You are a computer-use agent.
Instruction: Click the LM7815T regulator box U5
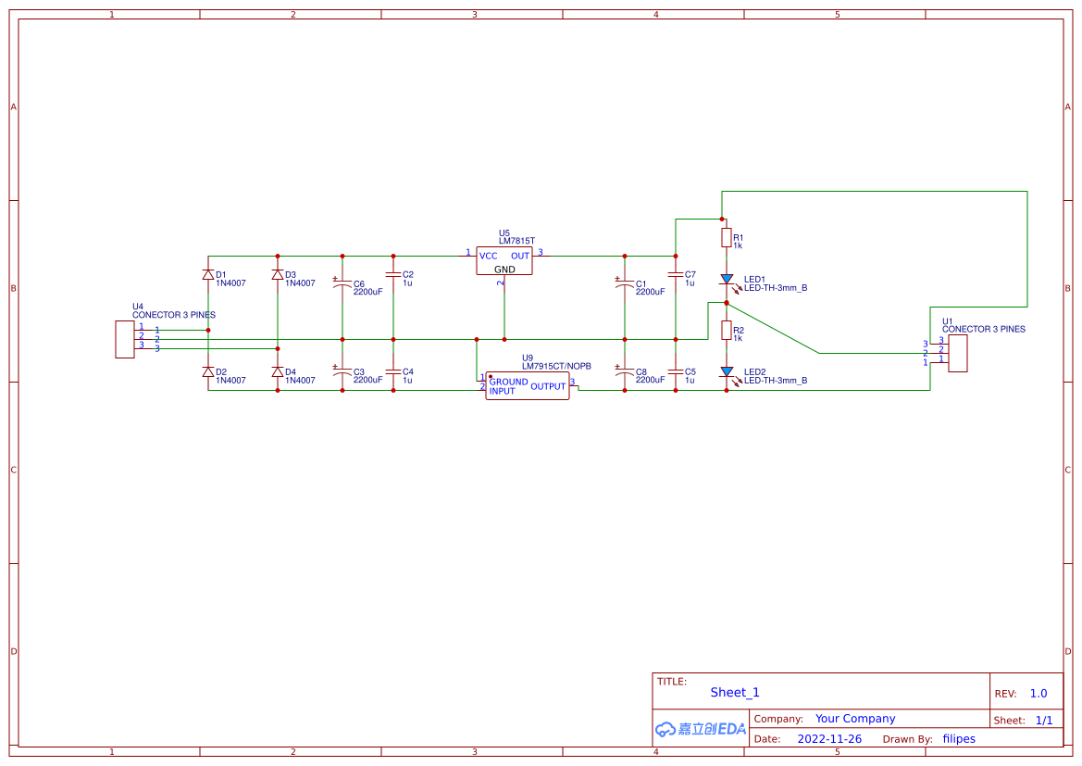click(504, 261)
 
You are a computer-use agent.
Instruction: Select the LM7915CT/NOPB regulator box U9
click(527, 386)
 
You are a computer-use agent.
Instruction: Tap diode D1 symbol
click(207, 275)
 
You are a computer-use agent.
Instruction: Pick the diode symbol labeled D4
click(277, 371)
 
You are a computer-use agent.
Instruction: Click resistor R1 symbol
click(727, 238)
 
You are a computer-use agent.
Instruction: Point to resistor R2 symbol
click(727, 331)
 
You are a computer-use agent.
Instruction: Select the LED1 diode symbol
click(727, 279)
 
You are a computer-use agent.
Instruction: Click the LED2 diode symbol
click(727, 371)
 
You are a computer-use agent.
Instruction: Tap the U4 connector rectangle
click(124, 339)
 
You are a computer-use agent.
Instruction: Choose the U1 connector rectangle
click(958, 353)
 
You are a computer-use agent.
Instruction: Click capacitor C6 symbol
click(342, 285)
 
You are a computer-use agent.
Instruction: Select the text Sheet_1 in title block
click(735, 692)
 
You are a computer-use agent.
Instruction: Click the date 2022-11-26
click(829, 739)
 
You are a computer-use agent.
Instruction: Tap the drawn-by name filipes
click(959, 739)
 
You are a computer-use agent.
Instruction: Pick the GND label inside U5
click(504, 270)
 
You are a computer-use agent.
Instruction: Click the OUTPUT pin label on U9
click(548, 386)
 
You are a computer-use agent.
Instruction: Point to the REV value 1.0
click(1038, 694)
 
